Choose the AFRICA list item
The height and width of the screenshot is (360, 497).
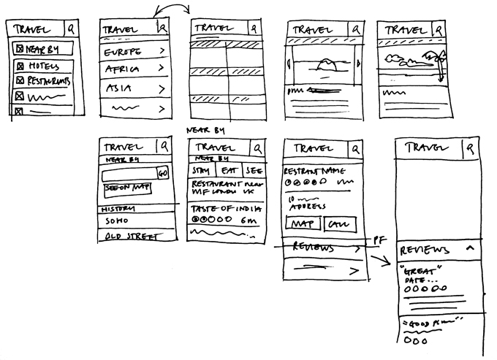pyautogui.click(x=122, y=69)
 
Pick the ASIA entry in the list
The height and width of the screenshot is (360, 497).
pyautogui.click(x=118, y=88)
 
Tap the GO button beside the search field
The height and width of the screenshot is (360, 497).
pyautogui.click(x=163, y=174)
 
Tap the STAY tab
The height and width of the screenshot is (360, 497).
pyautogui.click(x=200, y=171)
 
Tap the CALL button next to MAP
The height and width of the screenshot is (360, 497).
pyautogui.click(x=336, y=223)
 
